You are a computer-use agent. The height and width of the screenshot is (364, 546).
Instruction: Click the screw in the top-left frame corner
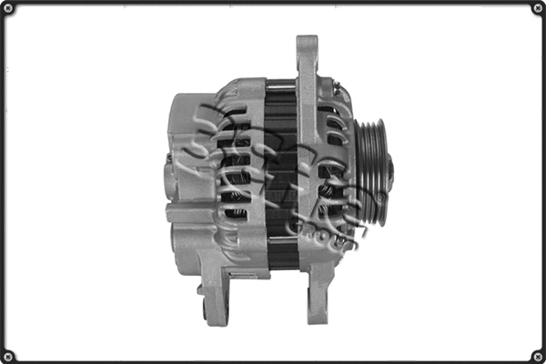[x=9, y=9]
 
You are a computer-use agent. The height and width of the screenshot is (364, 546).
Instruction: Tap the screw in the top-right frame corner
[x=537, y=9]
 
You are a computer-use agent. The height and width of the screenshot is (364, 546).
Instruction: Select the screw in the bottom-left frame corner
[x=9, y=355]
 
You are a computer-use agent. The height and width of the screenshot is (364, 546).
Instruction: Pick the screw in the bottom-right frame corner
[x=537, y=355]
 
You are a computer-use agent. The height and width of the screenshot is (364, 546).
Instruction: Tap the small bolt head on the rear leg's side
[x=200, y=291]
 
